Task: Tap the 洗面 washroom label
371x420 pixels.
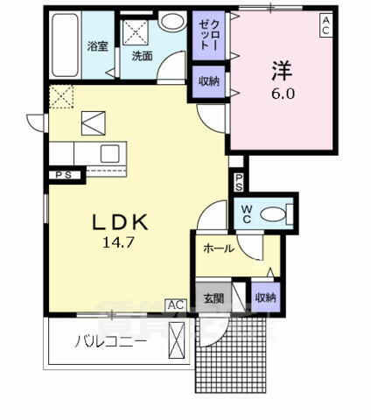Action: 142,56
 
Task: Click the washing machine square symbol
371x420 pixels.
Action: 137,31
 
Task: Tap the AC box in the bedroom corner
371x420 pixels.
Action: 325,24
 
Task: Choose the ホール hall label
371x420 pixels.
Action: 219,248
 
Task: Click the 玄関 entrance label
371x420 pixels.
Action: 213,298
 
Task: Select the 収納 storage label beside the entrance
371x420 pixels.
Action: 265,298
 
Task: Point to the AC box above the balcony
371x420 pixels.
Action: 176,304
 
